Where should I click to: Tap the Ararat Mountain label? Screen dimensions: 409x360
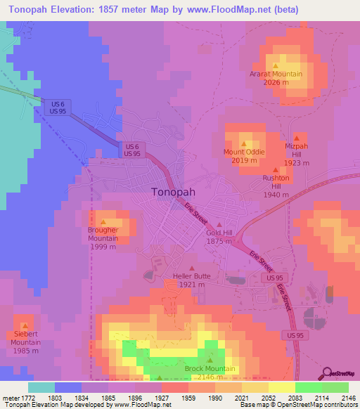(x=276, y=74)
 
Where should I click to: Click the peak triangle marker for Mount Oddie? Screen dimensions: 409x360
(x=244, y=143)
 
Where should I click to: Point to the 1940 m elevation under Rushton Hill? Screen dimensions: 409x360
(x=276, y=195)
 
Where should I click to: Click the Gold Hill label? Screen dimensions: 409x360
(x=219, y=233)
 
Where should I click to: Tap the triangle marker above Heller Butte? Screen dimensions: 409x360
(x=191, y=268)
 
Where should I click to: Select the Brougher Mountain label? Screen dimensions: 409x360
(x=103, y=234)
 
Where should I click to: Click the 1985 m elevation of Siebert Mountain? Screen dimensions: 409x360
(x=25, y=351)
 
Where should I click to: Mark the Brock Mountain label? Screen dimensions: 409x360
(x=210, y=369)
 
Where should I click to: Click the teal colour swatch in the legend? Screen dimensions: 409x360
(x=41, y=387)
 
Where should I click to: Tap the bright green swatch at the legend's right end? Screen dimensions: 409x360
(x=335, y=387)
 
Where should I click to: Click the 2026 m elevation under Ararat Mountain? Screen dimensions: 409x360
(x=276, y=82)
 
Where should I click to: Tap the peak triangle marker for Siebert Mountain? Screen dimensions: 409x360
(x=25, y=325)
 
